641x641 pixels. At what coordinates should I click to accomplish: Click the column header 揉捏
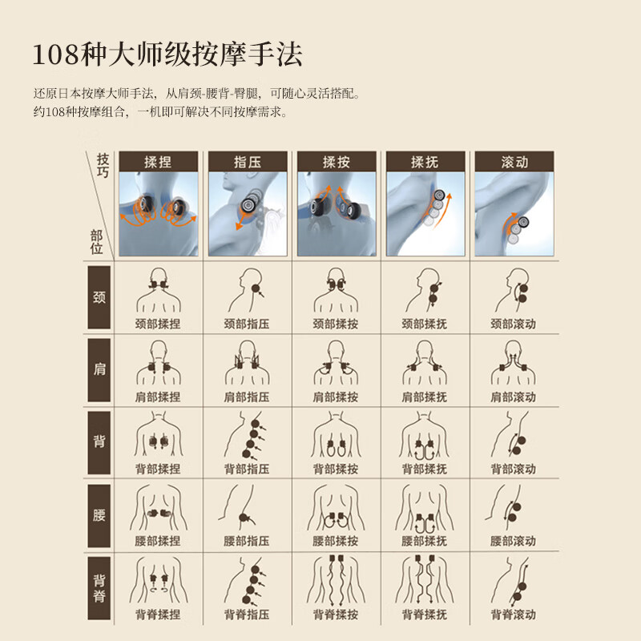coord(158,162)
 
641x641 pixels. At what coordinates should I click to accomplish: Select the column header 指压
coord(247,162)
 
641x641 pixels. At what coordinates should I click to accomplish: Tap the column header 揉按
coord(336,162)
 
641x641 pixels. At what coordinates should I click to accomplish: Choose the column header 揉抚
coord(425,162)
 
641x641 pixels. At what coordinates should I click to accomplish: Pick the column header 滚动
coord(514,162)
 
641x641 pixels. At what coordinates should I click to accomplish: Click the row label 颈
coord(99,298)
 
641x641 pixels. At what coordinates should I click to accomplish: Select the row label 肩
coord(99,369)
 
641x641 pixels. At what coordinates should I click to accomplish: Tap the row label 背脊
coord(99,587)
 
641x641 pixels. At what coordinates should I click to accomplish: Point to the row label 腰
coord(99,514)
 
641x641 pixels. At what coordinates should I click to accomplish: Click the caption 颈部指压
coord(247,325)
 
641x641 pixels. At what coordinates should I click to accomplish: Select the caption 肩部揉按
coord(336,397)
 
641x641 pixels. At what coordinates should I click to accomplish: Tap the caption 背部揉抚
coord(425,469)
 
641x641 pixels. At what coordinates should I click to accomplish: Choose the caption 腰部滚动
coord(514,541)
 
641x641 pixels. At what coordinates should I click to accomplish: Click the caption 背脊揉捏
coord(158,615)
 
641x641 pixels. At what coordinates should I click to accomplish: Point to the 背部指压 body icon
coord(247,436)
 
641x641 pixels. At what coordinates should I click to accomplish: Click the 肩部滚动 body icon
coord(514,365)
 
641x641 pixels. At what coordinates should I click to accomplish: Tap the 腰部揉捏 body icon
coord(158,508)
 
